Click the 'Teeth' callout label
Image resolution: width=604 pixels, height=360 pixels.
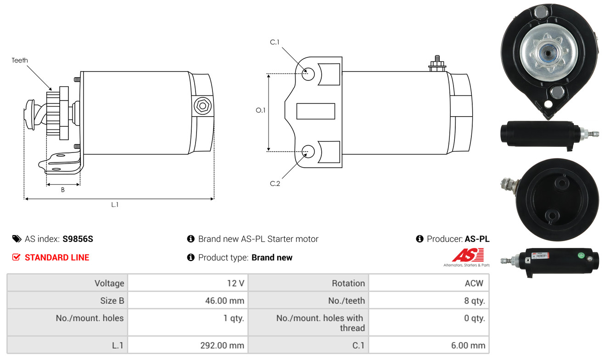pos(20,60)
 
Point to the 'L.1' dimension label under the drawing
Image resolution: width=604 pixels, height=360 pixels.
pos(115,204)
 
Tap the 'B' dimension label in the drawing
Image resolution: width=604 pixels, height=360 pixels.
pos(63,190)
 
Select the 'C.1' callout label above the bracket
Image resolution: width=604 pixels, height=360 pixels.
pos(274,42)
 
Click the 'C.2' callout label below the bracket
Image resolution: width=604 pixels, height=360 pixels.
pos(275,184)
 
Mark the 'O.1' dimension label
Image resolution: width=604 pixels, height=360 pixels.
pos(261,110)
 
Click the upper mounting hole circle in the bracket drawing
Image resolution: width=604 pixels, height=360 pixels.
pos(308,74)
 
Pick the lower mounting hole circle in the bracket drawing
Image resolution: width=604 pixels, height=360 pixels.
pos(308,152)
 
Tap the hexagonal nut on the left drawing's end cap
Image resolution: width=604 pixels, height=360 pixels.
pos(202,106)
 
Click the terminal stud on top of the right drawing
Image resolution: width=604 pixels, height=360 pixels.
pos(437,63)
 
